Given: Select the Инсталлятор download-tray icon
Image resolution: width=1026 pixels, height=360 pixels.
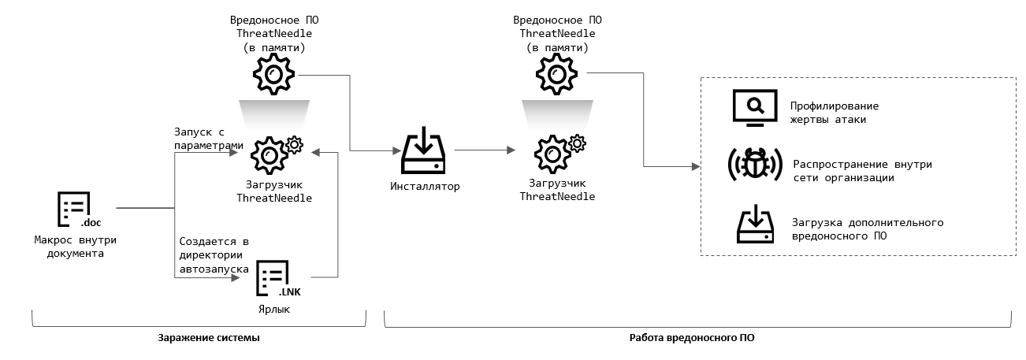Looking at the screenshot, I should [425, 154].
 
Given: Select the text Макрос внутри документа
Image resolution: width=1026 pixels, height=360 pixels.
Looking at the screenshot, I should [75, 247].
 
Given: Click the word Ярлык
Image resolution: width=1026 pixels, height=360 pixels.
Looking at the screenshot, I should [274, 309].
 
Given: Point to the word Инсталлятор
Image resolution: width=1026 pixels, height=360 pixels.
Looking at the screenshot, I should [424, 187].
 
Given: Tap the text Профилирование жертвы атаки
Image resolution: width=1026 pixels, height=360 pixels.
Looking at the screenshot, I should [834, 113].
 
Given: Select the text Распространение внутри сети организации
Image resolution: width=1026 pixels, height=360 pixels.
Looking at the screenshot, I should [861, 171].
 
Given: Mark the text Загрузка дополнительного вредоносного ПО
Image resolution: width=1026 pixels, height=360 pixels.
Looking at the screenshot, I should [866, 228].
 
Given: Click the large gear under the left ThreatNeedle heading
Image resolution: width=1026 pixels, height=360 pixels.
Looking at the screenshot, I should [273, 76].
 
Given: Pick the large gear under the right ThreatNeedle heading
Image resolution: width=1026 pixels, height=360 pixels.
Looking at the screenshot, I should [556, 76].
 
